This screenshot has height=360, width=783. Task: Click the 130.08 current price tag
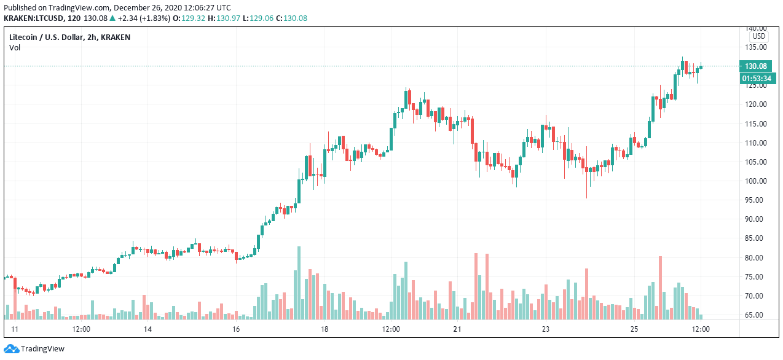(x=755, y=66)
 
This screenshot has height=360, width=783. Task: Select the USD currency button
(x=758, y=37)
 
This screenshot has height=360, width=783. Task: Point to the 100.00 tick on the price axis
(x=755, y=181)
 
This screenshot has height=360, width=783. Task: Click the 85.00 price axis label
(x=755, y=238)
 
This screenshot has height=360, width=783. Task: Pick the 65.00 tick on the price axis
(x=755, y=315)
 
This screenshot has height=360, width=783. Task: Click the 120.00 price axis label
(x=755, y=104)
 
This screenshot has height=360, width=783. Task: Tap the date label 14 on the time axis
(x=148, y=329)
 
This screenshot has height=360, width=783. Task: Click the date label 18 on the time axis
(x=325, y=329)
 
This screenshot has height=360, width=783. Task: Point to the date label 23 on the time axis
(x=546, y=329)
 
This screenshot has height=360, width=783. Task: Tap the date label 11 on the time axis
(x=15, y=329)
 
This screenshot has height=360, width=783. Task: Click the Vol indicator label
(x=15, y=47)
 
